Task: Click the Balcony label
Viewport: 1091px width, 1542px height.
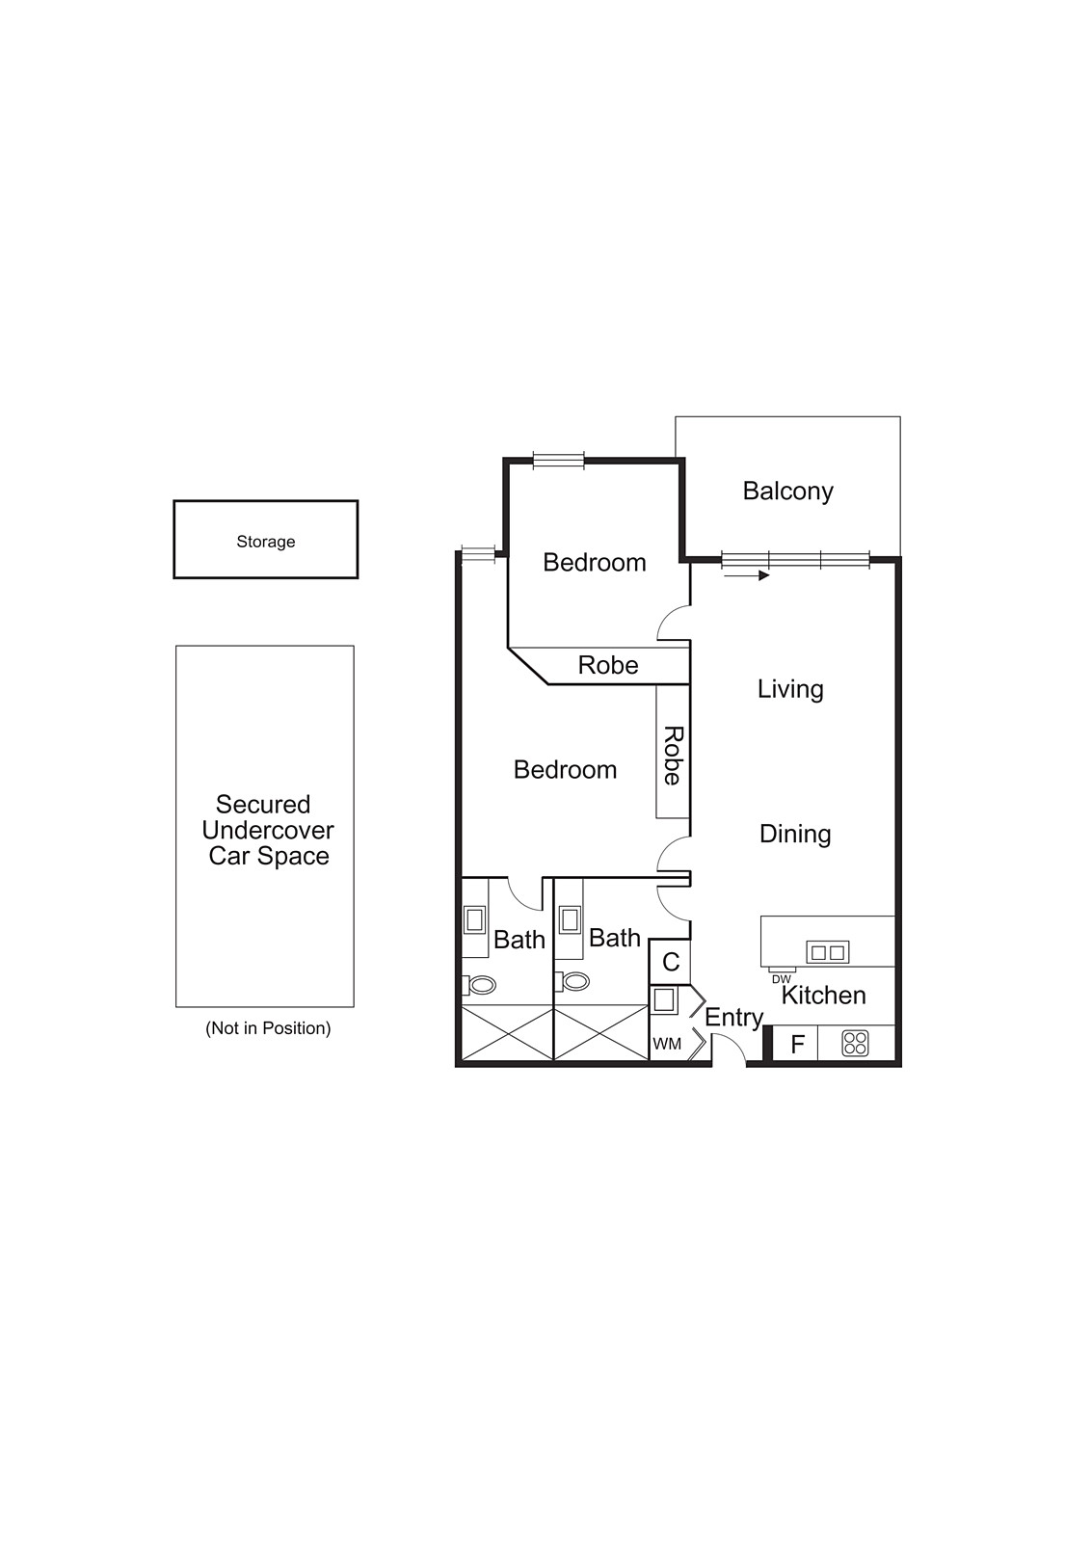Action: click(787, 492)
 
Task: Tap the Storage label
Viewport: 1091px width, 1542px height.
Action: click(266, 542)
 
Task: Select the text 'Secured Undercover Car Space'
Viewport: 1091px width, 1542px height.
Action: click(268, 830)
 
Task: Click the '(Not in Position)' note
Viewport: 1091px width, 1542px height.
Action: click(268, 1028)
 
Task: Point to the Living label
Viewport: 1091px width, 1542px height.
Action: click(790, 689)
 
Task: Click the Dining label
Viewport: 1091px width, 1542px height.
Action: click(795, 834)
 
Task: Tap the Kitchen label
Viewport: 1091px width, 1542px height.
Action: click(823, 996)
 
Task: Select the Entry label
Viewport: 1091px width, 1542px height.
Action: click(733, 1017)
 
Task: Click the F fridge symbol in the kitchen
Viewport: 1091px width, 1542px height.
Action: click(797, 1044)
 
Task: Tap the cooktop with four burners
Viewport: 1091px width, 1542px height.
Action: click(856, 1043)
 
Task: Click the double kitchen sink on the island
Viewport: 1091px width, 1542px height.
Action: click(827, 952)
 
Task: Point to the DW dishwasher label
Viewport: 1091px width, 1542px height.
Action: click(781, 979)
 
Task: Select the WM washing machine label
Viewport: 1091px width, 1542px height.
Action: click(667, 1044)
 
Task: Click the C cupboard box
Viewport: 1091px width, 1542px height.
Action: click(671, 962)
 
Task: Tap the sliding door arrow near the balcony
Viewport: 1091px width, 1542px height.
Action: click(746, 575)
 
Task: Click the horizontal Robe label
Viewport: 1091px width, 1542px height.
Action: click(608, 665)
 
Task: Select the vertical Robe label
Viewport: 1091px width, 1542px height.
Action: click(673, 756)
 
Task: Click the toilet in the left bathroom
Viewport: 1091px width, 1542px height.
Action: click(481, 985)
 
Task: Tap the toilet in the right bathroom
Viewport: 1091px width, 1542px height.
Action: click(574, 981)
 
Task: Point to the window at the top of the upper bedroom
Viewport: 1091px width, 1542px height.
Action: click(559, 461)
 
